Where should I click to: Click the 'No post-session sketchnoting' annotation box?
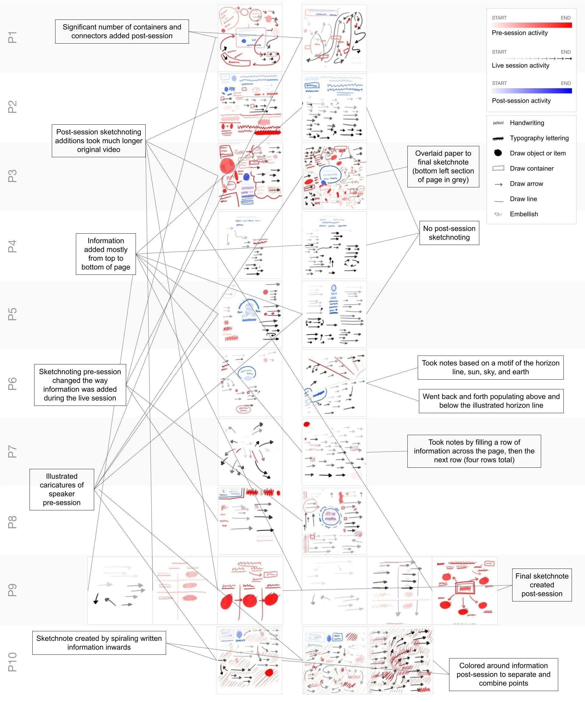pyautogui.click(x=449, y=233)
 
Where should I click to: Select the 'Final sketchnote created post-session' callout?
pyautogui.click(x=541, y=585)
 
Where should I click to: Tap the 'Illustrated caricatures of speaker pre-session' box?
pyautogui.click(x=62, y=489)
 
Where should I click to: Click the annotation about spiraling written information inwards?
pyautogui.click(x=99, y=643)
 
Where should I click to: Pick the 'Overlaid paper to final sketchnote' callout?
pyautogui.click(x=443, y=166)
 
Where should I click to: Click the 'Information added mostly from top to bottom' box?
pyautogui.click(x=106, y=254)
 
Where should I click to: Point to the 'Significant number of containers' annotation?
pyautogui.click(x=122, y=31)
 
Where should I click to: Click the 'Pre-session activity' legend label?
pyautogui.click(x=519, y=33)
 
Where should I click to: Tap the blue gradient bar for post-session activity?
pyautogui.click(x=531, y=91)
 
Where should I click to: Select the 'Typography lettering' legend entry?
pyautogui.click(x=539, y=138)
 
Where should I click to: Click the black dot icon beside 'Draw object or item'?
pyautogui.click(x=498, y=153)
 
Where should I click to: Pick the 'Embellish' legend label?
pyautogui.click(x=523, y=214)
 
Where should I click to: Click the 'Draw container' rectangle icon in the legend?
pyautogui.click(x=498, y=168)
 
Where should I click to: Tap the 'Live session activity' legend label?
pyautogui.click(x=520, y=66)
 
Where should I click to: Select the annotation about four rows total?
pyautogui.click(x=474, y=451)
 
